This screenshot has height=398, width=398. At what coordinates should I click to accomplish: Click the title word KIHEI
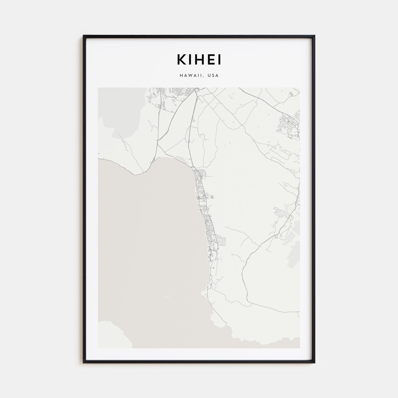(x=199, y=59)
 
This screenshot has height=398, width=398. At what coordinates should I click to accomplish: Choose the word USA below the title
(x=213, y=76)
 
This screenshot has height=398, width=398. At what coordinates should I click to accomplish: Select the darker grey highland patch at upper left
(x=119, y=114)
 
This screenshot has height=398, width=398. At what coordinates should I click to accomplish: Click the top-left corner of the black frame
(x=84, y=36)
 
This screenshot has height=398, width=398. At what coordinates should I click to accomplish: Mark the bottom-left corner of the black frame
(x=84, y=362)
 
